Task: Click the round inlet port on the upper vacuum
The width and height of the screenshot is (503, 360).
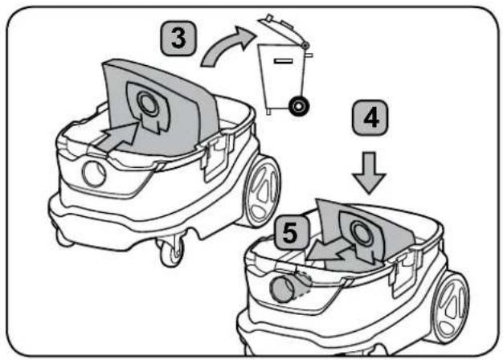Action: [x=94, y=174]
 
